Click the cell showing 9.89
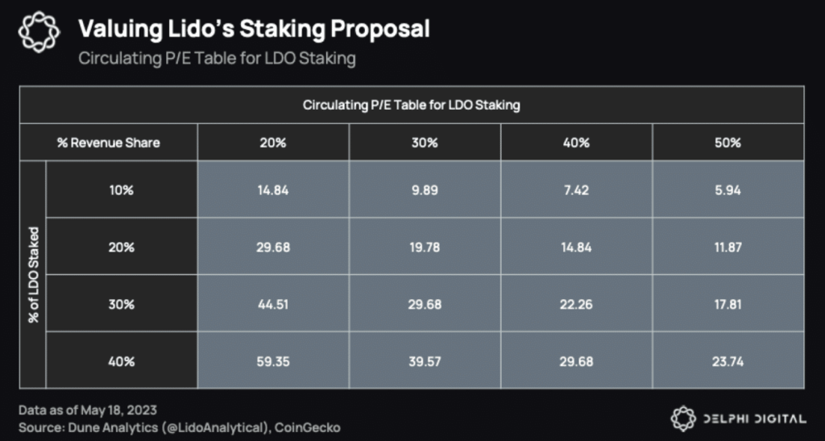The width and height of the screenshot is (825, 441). [x=425, y=191]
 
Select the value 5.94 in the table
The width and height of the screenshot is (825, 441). [x=728, y=191]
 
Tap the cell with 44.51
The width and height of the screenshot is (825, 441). [x=273, y=305]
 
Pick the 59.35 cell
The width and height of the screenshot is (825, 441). [x=273, y=362]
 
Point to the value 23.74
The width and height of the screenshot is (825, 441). [x=728, y=362]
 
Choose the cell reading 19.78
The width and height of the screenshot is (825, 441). [x=425, y=248]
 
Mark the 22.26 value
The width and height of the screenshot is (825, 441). [x=576, y=305]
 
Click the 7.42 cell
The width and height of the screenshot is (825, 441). [x=576, y=191]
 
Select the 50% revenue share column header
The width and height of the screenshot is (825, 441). [x=728, y=143]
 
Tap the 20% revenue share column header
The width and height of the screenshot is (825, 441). [x=273, y=143]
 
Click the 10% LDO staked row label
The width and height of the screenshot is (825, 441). [x=122, y=191]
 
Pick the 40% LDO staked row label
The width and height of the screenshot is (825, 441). [x=122, y=362]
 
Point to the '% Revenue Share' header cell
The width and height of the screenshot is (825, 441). [x=108, y=143]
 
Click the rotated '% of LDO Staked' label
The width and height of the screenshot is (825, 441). [x=33, y=276]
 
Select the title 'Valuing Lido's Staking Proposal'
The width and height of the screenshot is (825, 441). [x=253, y=30]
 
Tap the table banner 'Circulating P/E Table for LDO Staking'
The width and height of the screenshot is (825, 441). [x=412, y=106]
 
